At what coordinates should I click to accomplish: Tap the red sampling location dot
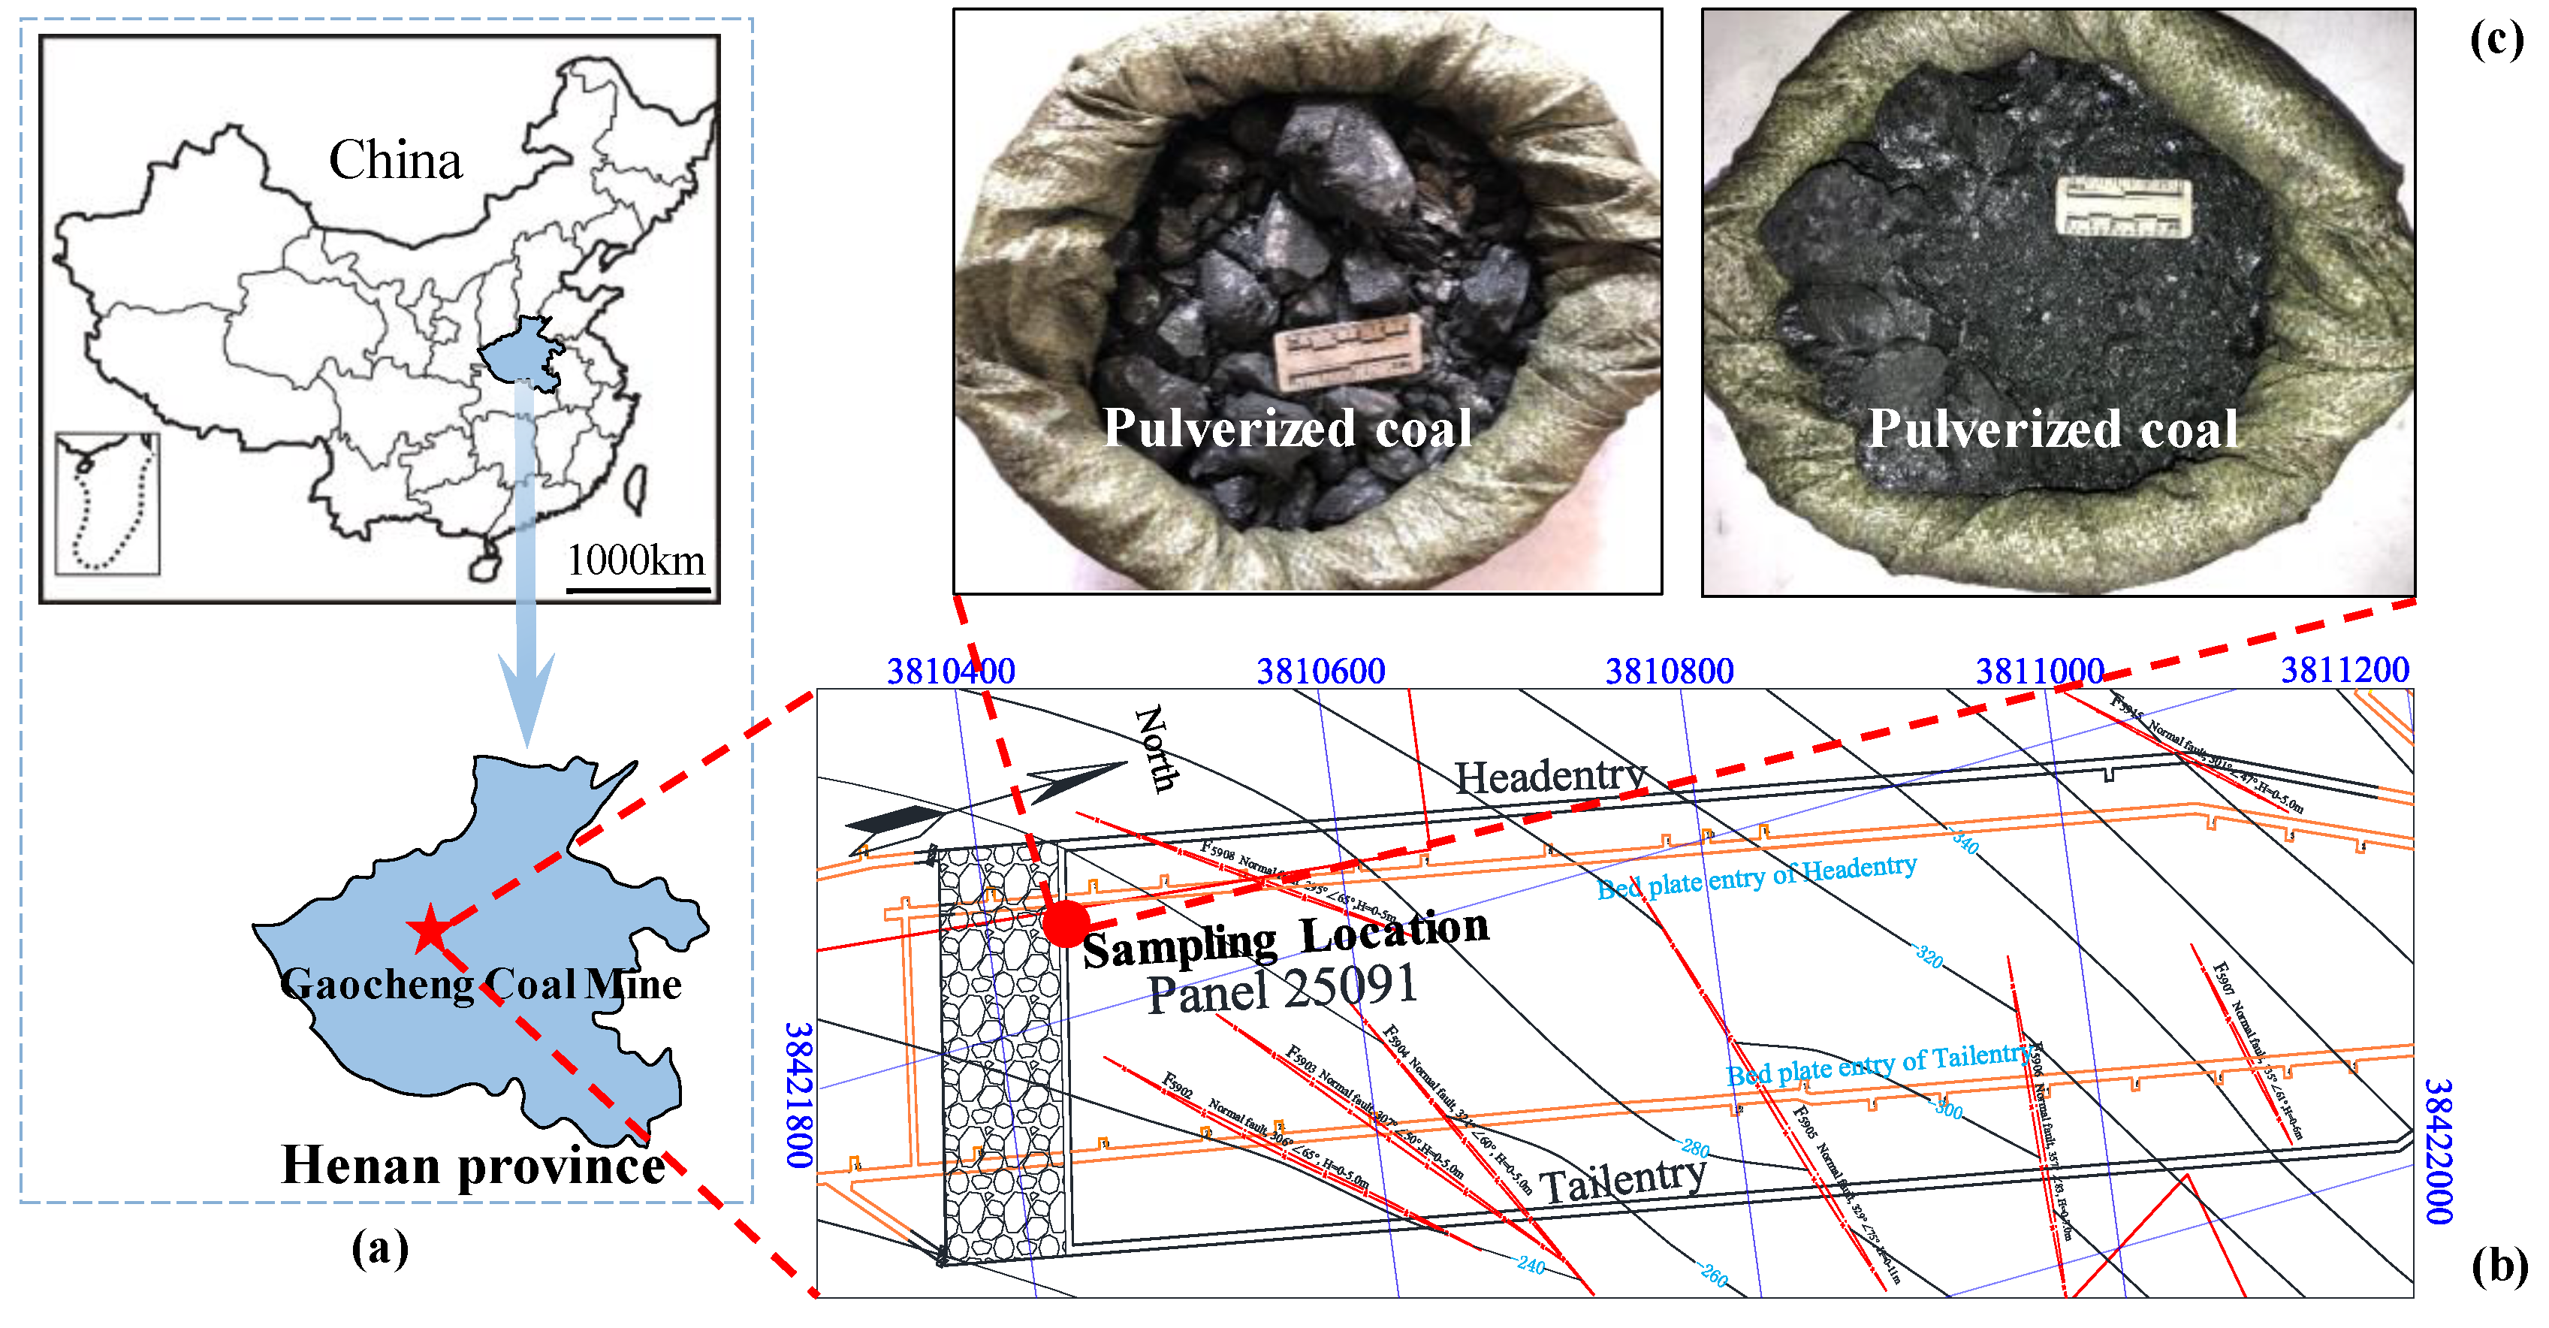tap(1065, 923)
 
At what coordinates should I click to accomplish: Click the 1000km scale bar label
tap(635, 560)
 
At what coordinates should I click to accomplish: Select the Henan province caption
tap(473, 1165)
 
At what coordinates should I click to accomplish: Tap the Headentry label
tap(1549, 776)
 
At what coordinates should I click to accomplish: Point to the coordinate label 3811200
tap(2344, 670)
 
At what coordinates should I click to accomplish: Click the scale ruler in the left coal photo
tap(1347, 352)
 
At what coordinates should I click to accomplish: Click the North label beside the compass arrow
tap(1156, 748)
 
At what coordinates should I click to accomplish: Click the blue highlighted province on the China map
tap(520, 352)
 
